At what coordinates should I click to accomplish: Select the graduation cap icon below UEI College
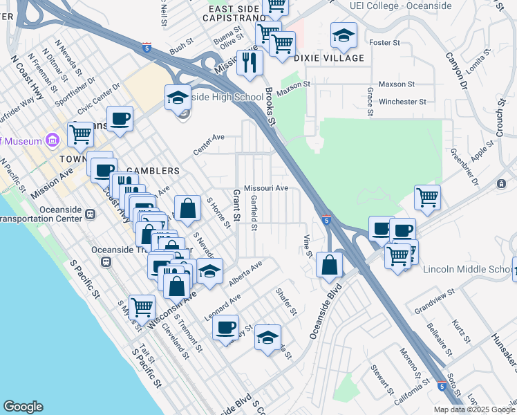(344, 37)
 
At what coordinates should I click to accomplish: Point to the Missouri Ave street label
(266, 187)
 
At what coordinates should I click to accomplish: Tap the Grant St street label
(236, 206)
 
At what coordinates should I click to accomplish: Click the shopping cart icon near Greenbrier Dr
(428, 197)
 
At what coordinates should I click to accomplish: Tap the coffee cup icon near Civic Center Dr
(120, 119)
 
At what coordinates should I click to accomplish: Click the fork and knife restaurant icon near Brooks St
(250, 63)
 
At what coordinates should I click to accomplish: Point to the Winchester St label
(402, 102)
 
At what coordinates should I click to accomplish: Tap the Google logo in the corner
(23, 407)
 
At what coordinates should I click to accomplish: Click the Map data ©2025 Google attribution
(473, 409)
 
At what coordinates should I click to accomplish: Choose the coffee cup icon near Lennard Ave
(225, 327)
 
